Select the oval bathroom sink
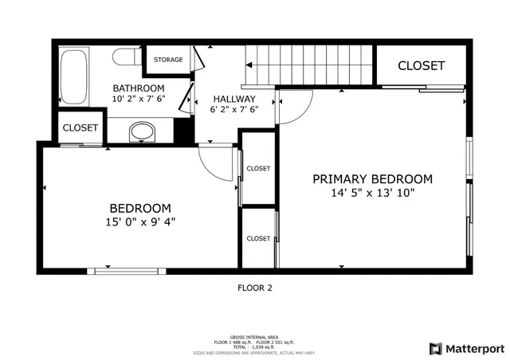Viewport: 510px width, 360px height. (x=143, y=131)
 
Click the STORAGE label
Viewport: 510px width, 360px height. (x=168, y=60)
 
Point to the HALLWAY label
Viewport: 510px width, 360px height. (x=233, y=99)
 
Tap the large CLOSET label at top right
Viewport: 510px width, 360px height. (x=421, y=65)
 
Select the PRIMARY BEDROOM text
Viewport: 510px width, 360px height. (x=372, y=179)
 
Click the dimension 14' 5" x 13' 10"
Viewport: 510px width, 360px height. (x=372, y=193)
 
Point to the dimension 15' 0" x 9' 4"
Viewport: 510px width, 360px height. (x=140, y=222)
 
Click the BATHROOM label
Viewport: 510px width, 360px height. (x=138, y=88)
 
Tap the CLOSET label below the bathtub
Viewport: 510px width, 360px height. (x=80, y=127)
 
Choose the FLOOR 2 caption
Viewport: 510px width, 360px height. (x=255, y=288)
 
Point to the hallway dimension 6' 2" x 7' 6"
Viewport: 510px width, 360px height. (x=233, y=111)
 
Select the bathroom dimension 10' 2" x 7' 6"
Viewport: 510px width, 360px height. (x=138, y=100)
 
